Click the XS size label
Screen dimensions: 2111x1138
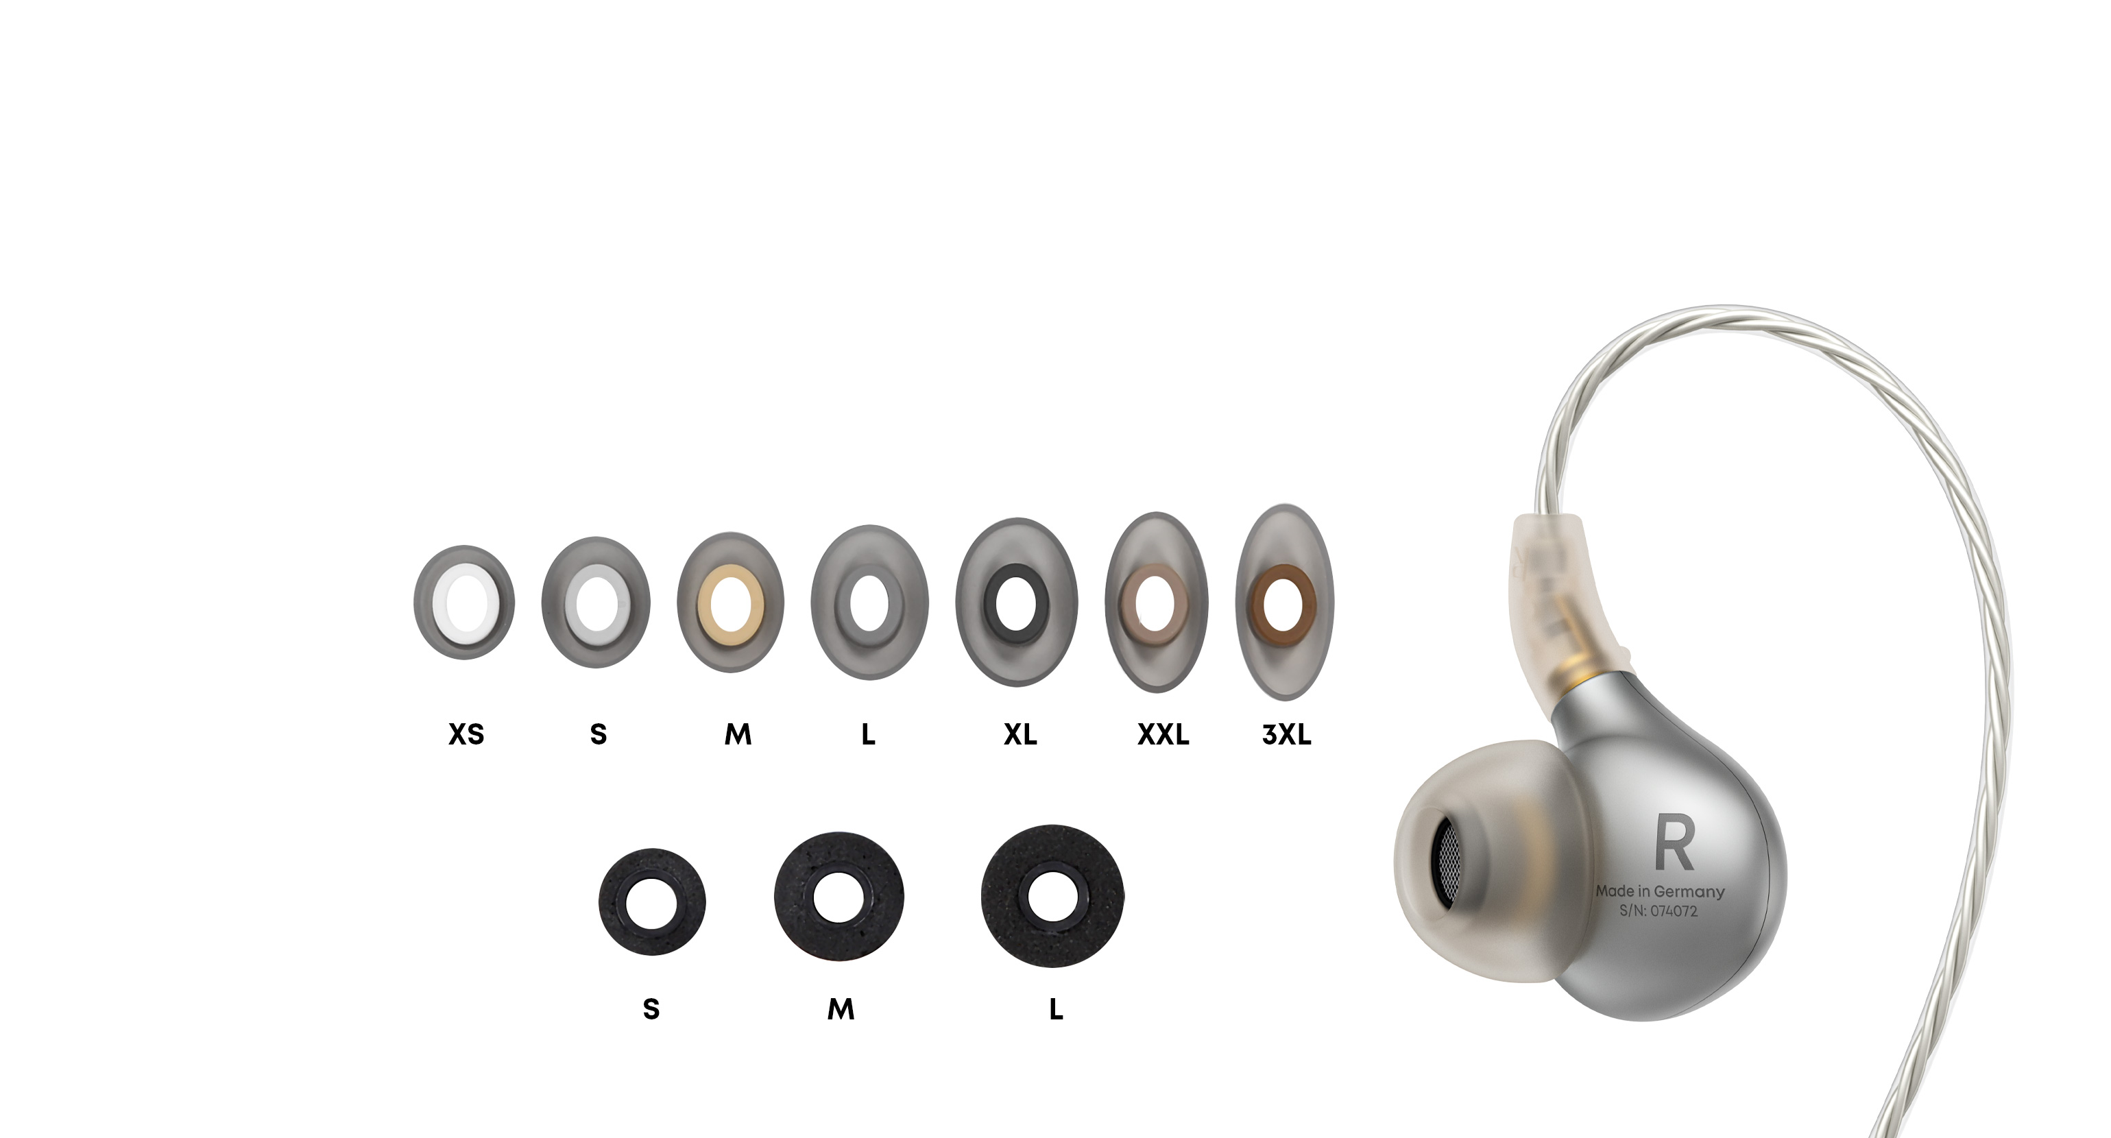click(x=466, y=734)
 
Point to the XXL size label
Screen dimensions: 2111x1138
click(x=1163, y=734)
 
